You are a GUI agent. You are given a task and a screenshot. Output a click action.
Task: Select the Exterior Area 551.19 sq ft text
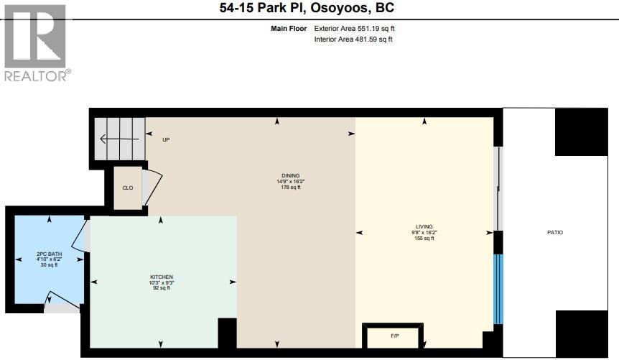[354, 29]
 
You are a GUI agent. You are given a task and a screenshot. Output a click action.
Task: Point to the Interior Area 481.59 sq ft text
[353, 39]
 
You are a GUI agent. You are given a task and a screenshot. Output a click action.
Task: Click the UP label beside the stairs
[166, 139]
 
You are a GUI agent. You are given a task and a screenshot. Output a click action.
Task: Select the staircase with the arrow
[119, 139]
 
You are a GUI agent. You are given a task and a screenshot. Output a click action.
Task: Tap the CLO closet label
[128, 188]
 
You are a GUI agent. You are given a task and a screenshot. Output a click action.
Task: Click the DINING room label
[290, 176]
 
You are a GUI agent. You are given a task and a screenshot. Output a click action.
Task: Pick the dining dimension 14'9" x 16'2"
[290, 182]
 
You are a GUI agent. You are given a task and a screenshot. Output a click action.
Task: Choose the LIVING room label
[424, 226]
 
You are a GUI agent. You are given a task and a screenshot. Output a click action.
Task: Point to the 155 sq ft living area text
[424, 239]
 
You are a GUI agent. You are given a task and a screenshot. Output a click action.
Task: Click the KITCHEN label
[162, 277]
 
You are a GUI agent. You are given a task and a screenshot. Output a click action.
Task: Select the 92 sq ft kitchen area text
[162, 289]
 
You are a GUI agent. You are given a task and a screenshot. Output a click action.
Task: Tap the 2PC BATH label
[47, 254]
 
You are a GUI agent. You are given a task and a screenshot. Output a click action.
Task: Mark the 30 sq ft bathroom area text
[47, 265]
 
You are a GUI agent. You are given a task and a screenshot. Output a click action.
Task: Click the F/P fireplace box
[394, 335]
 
